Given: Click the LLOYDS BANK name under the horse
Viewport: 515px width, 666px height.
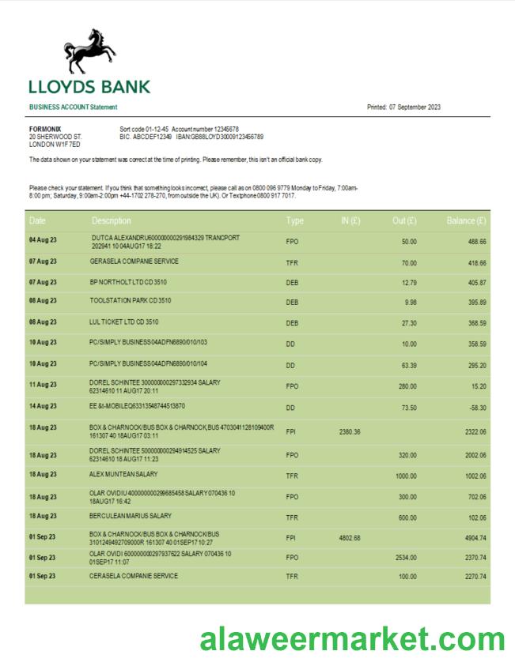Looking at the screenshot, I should [x=89, y=87].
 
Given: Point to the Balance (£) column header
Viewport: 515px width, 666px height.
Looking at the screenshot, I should [x=466, y=220].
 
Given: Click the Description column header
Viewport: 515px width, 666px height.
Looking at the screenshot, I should [x=112, y=220].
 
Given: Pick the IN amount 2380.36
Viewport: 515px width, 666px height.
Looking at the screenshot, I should [x=349, y=431].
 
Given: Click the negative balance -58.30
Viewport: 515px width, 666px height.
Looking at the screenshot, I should [x=476, y=407].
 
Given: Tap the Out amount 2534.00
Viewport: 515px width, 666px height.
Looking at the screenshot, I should [x=405, y=557].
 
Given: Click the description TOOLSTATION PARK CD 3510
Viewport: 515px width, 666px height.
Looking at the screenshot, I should [x=131, y=301].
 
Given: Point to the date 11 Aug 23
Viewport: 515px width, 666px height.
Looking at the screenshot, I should [x=43, y=384].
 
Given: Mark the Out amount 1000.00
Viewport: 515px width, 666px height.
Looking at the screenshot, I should [x=405, y=476].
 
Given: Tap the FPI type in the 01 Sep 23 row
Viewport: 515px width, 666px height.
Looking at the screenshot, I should [x=291, y=537].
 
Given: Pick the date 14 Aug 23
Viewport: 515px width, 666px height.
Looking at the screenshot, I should [x=43, y=406].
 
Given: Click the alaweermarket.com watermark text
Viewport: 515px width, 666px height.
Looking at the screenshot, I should [x=352, y=638].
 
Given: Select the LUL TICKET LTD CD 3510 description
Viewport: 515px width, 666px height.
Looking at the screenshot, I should [x=124, y=322].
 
